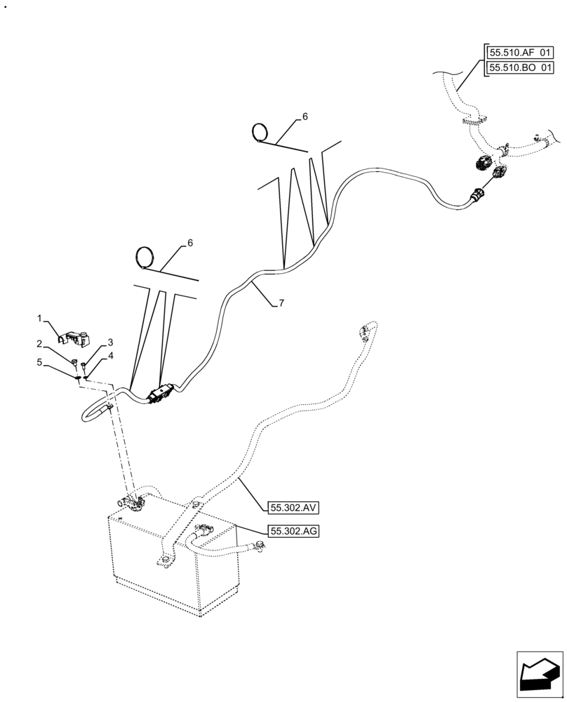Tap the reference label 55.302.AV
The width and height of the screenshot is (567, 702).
(293, 507)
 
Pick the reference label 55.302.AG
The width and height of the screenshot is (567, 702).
(293, 531)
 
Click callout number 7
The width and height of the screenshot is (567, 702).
(281, 303)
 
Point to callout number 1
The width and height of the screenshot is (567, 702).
(40, 318)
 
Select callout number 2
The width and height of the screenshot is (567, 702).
(40, 343)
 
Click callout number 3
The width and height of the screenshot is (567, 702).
(110, 343)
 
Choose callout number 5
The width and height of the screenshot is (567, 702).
(40, 363)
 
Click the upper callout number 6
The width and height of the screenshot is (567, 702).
(305, 116)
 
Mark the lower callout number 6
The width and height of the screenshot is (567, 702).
(189, 243)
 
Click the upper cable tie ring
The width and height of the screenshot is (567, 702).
(260, 131)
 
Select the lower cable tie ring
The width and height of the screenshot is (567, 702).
(145, 256)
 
